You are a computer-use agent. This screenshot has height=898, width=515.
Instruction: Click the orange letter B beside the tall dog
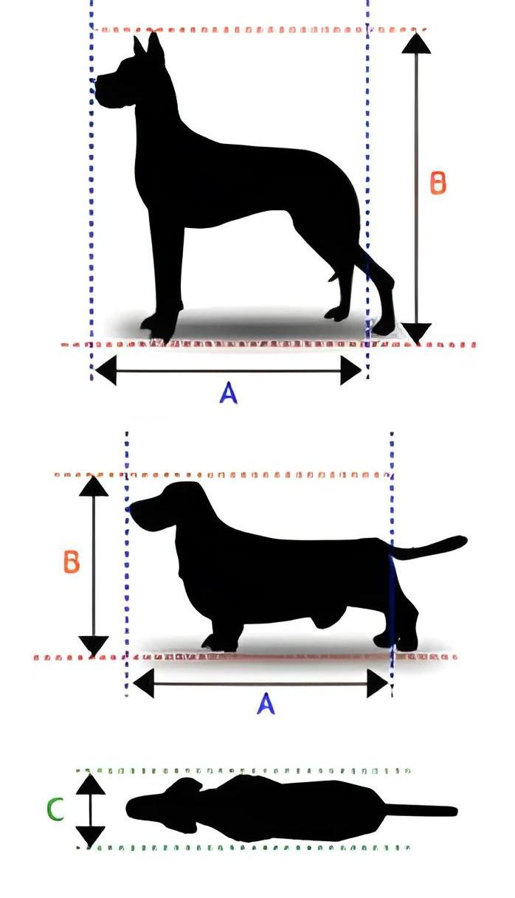pyautogui.click(x=438, y=183)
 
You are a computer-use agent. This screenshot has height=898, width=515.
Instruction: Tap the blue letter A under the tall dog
pyautogui.click(x=229, y=393)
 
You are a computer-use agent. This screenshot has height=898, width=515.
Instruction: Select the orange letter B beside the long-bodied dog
pyautogui.click(x=72, y=562)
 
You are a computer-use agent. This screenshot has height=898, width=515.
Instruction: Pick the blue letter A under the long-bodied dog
pyautogui.click(x=266, y=704)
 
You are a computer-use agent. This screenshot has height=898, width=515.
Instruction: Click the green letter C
pyautogui.click(x=55, y=809)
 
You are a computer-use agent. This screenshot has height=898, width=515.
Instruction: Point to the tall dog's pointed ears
pyautogui.click(x=149, y=47)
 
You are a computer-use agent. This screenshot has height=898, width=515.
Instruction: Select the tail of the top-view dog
pyautogui.click(x=420, y=810)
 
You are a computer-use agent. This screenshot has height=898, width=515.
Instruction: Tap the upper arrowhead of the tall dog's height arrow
pyautogui.click(x=416, y=44)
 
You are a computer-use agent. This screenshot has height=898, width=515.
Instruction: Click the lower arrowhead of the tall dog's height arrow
pyautogui.click(x=416, y=333)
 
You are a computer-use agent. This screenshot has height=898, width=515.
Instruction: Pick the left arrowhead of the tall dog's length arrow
pyautogui.click(x=106, y=370)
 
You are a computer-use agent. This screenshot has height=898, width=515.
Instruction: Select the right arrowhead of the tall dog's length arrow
pyautogui.click(x=350, y=370)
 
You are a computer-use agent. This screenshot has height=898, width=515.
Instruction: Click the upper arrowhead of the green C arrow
pyautogui.click(x=90, y=784)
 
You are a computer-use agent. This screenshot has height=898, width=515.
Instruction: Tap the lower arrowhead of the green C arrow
pyautogui.click(x=90, y=836)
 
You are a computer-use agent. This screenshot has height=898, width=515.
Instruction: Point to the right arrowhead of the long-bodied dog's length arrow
pyautogui.click(x=377, y=683)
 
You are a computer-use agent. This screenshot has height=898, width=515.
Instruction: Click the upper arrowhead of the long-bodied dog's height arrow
pyautogui.click(x=94, y=486)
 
